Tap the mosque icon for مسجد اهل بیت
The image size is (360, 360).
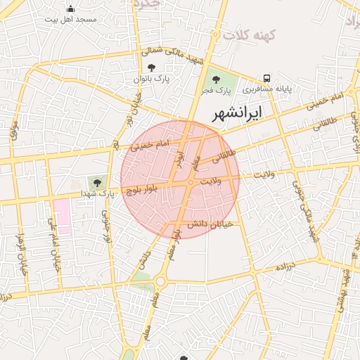(70, 9)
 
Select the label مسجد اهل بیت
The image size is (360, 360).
(70, 20)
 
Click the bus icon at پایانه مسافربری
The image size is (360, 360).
(266, 78)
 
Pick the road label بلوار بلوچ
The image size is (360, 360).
(144, 188)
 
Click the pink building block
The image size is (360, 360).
(63, 217)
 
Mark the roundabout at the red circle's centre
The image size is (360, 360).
(191, 183)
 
